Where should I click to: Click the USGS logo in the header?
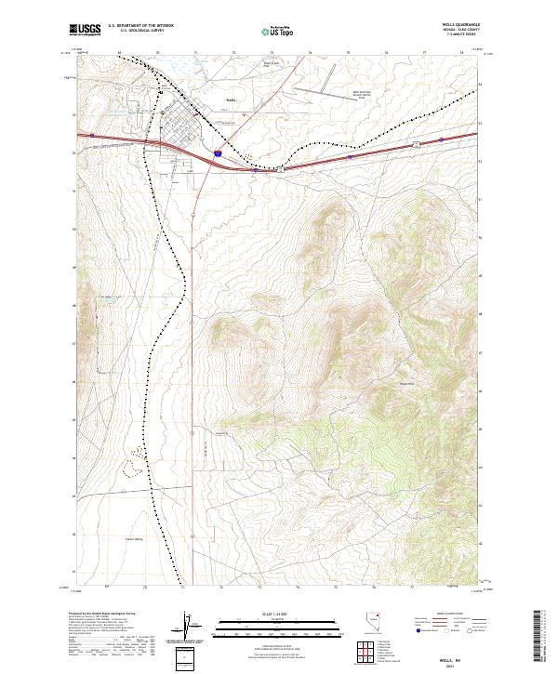pyautogui.click(x=85, y=31)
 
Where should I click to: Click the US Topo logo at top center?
pyautogui.click(x=278, y=32)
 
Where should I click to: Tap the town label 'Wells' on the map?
pyautogui.click(x=232, y=99)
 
